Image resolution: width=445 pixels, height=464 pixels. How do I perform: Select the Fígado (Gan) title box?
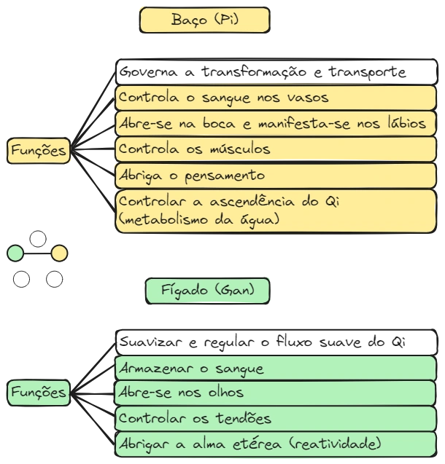208,291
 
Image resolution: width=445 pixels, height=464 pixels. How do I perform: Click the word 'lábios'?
403,123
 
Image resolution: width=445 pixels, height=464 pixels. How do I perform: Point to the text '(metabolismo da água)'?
198,219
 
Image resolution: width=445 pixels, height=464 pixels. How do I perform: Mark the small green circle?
15,253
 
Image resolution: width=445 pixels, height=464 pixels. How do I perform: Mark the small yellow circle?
60,253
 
